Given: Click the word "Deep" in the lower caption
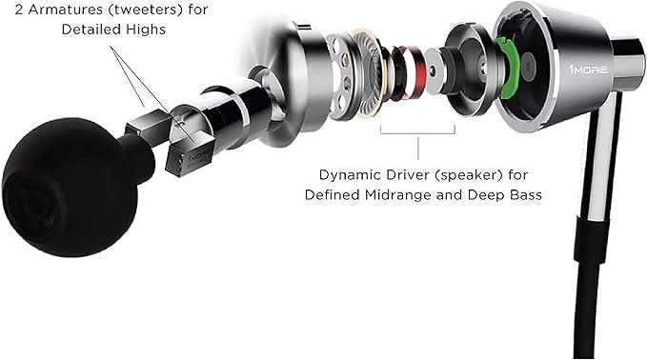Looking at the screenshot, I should click(490, 194).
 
